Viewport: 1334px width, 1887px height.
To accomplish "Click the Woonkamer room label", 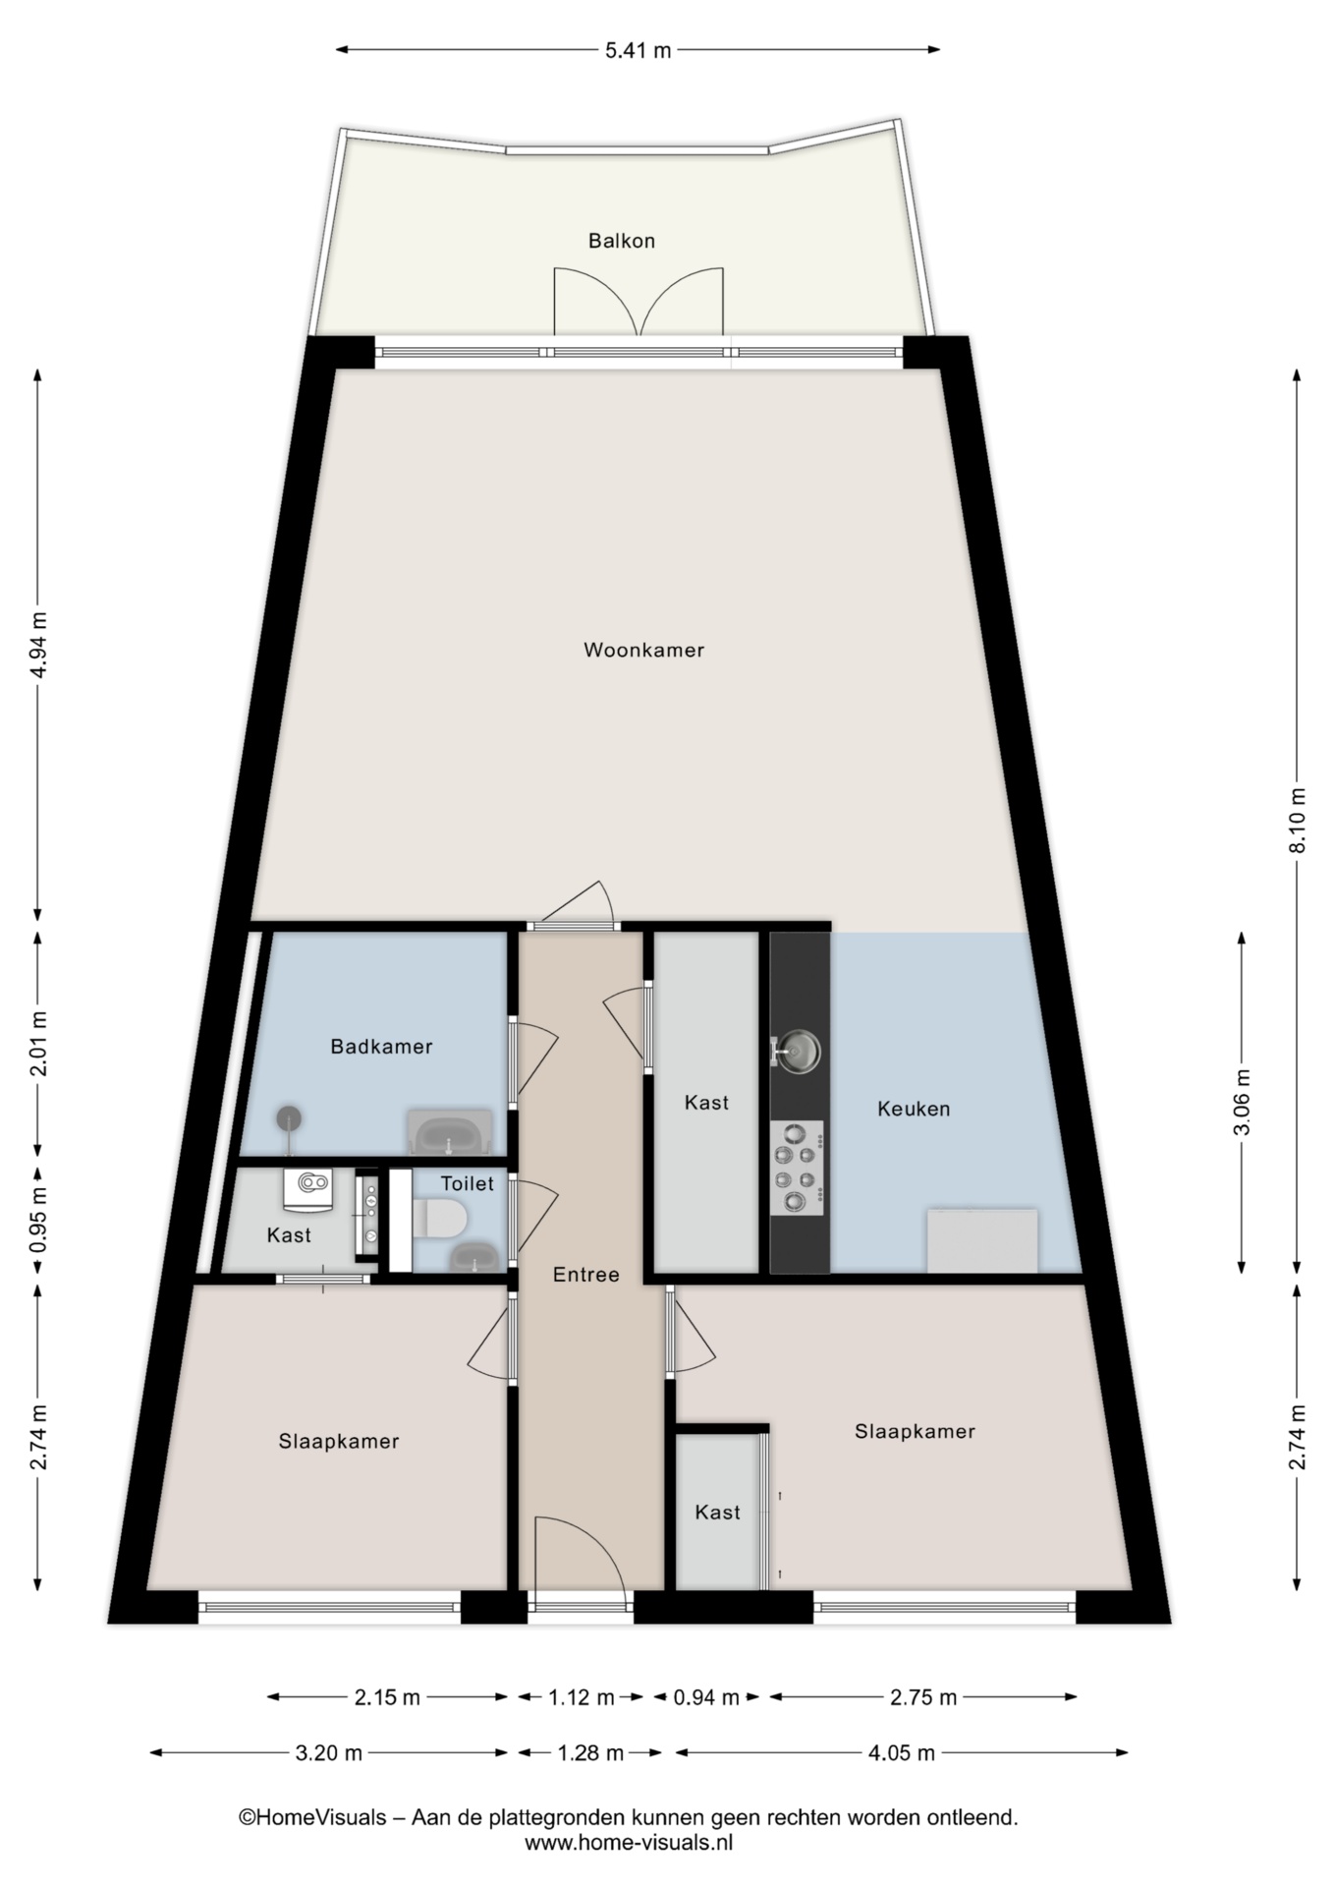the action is tap(643, 650).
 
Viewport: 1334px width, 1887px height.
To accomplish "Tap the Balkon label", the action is tap(622, 241).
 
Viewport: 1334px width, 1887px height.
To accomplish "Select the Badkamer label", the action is tap(381, 1047).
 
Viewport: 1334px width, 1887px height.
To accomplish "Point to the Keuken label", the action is tap(914, 1109).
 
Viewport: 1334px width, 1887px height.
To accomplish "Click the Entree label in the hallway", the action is tap(586, 1275).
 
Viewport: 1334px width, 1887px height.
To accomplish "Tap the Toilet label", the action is tap(467, 1183).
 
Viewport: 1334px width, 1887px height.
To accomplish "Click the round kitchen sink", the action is tap(797, 1051).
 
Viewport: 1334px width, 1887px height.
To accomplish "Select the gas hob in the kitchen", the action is tap(797, 1168).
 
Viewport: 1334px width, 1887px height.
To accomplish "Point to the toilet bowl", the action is tap(440, 1220).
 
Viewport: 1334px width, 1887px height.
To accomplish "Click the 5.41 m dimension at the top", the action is tap(638, 50).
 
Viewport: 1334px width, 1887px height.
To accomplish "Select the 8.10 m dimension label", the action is tap(1298, 821).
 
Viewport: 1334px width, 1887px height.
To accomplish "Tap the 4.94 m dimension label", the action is tap(38, 645).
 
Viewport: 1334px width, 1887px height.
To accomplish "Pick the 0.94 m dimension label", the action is tap(706, 1697).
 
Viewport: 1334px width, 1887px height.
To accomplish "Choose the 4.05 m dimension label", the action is tap(902, 1752).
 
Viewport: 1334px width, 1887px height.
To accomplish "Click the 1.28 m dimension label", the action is tap(590, 1752).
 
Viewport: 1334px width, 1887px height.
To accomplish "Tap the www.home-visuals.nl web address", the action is tap(629, 1843).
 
